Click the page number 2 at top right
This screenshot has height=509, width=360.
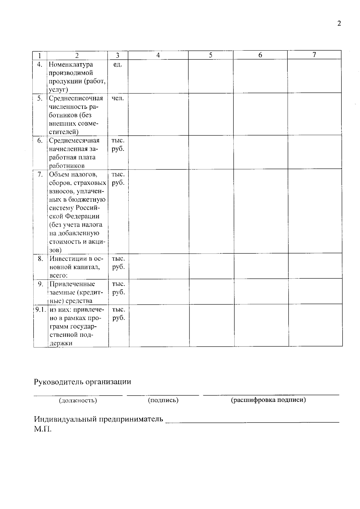339,24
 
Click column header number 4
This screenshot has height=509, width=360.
158,55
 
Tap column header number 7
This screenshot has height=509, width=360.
314,55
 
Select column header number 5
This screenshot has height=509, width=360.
211,55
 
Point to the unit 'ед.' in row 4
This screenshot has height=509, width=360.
118,64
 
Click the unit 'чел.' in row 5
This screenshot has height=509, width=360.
118,98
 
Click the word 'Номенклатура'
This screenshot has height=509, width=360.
71,64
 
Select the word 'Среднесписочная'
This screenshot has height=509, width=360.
76,98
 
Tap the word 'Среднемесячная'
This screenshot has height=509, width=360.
74,140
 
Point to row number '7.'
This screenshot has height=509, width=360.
40,174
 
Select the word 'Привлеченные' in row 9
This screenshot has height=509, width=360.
72,284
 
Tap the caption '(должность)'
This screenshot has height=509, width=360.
78,400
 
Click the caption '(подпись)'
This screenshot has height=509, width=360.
163,400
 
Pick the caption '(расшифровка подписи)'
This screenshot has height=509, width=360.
268,400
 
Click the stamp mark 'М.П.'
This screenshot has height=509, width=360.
43,429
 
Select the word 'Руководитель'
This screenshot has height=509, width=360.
58,382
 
